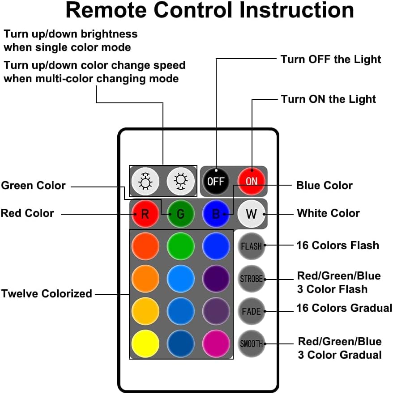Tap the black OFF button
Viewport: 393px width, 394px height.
[216, 182]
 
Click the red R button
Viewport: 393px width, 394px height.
[145, 213]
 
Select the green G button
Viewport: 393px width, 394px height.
[180, 213]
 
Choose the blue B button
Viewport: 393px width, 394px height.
[216, 213]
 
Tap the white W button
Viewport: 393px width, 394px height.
[252, 213]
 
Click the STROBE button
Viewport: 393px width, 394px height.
[252, 279]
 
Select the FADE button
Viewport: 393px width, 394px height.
[252, 311]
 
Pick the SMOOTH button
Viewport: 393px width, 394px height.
[252, 344]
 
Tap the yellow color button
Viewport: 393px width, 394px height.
[145, 344]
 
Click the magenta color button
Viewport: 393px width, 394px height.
[216, 344]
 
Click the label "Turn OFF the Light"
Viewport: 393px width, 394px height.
[331, 59]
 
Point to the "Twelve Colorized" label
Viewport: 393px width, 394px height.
[47, 294]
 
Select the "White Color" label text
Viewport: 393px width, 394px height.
[328, 213]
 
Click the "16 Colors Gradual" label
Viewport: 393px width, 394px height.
[344, 308]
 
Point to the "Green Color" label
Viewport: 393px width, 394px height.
[34, 186]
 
